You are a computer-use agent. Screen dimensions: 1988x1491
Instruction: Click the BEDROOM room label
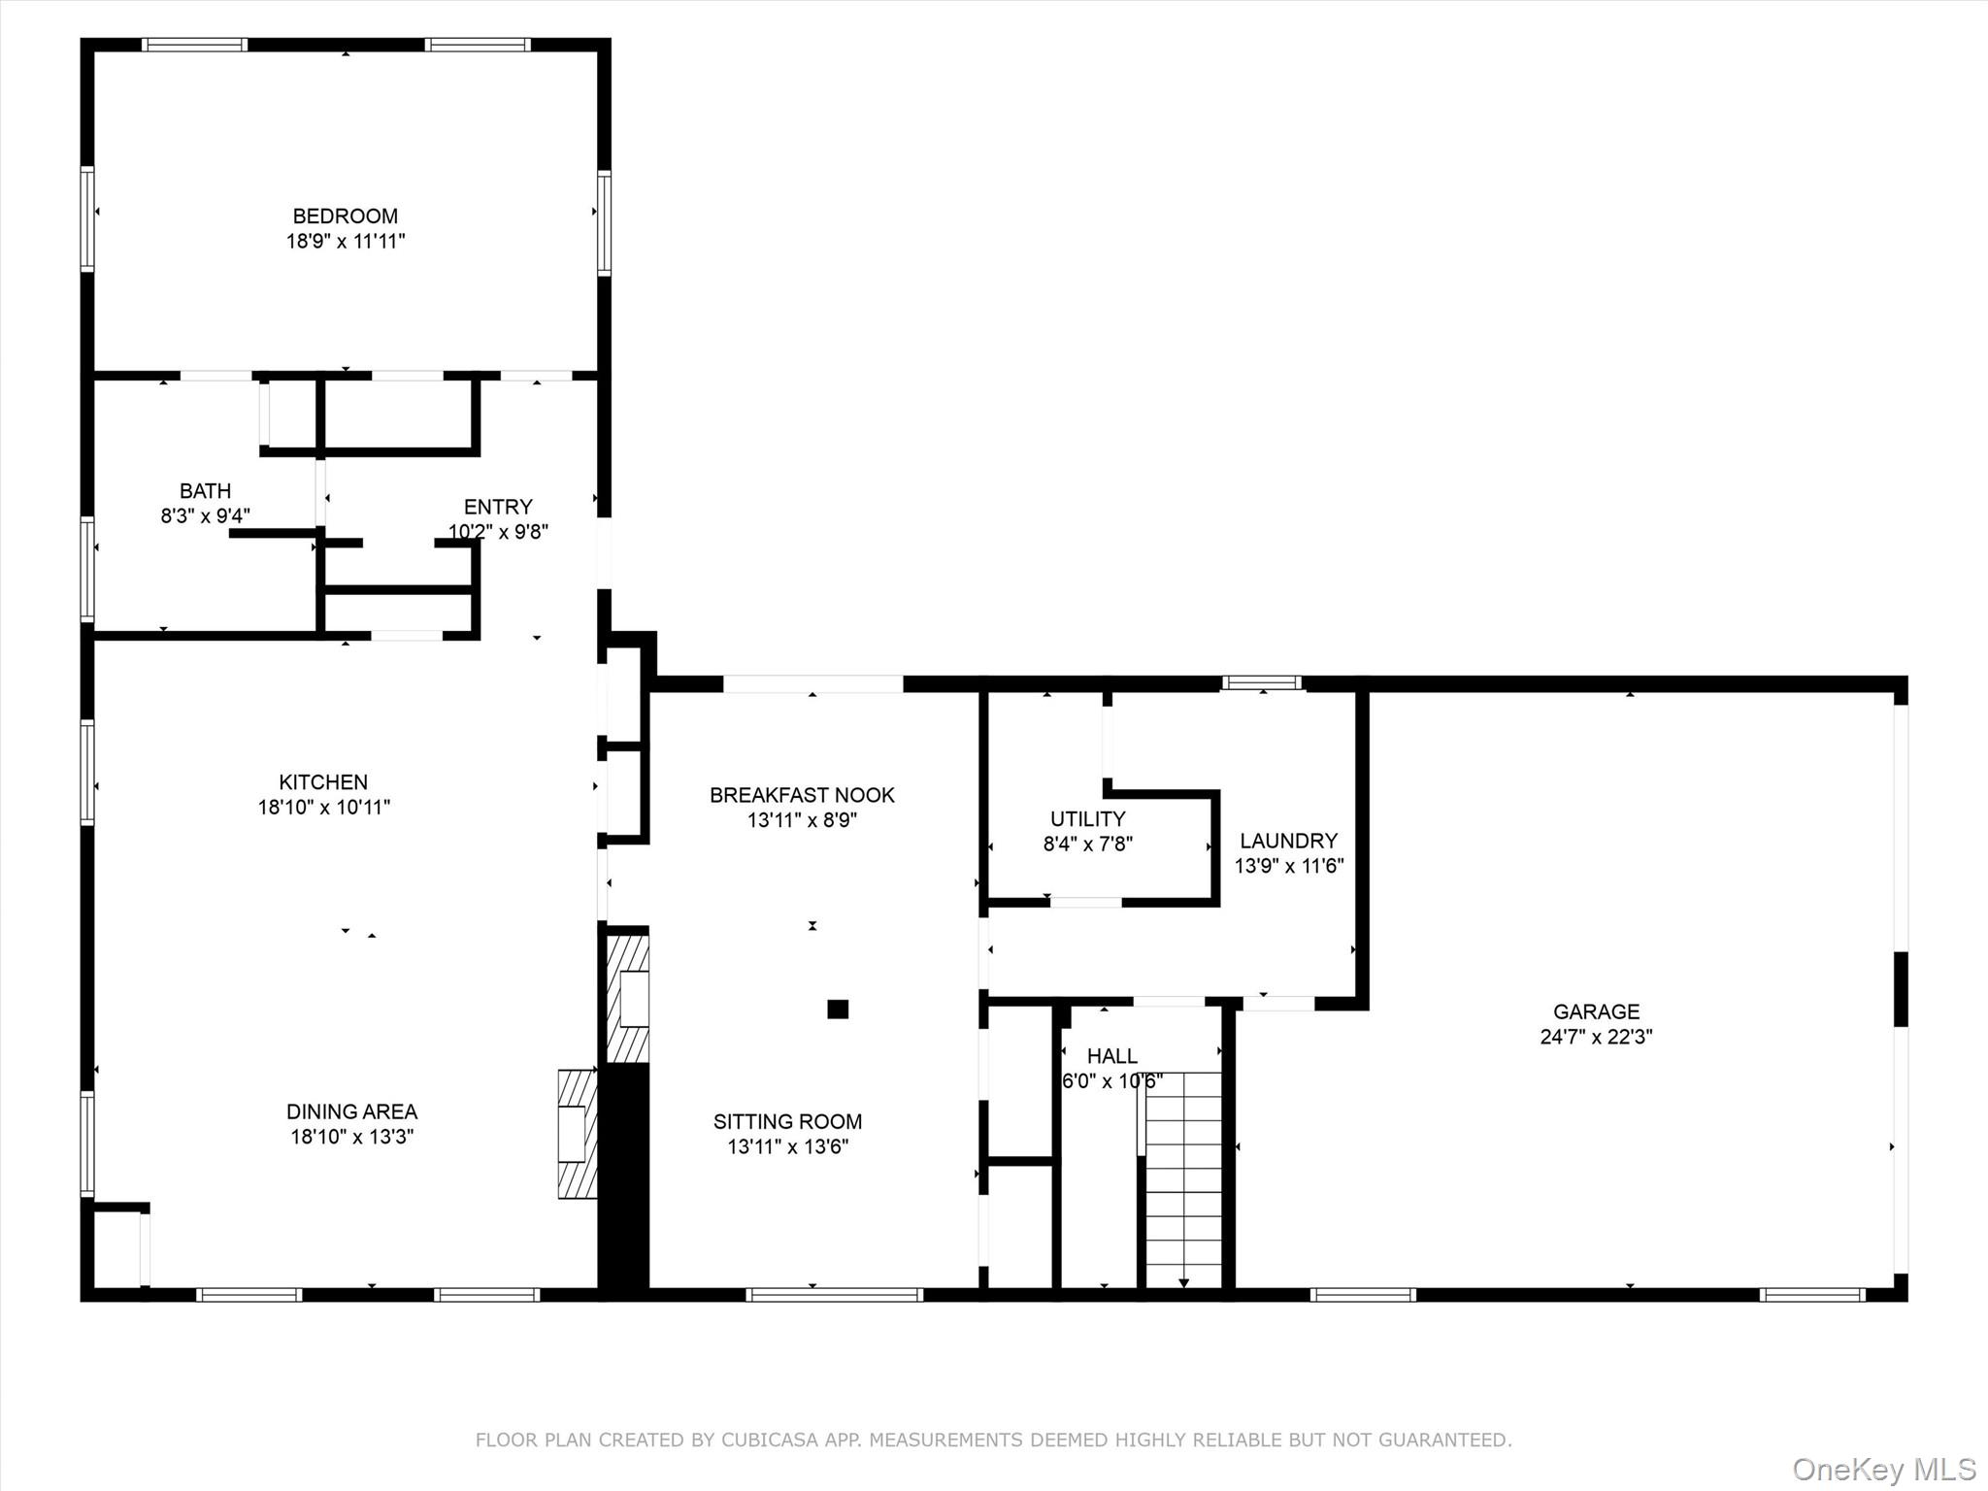click(x=346, y=216)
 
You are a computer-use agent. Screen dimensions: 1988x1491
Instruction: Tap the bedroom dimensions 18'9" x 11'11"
click(x=346, y=242)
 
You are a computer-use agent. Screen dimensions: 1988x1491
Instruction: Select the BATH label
click(x=206, y=491)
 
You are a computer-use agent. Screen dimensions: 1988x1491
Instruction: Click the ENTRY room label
click(x=498, y=507)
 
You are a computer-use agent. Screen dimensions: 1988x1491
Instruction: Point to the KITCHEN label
click(x=323, y=782)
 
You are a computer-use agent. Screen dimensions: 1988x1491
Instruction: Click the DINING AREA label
click(x=351, y=1112)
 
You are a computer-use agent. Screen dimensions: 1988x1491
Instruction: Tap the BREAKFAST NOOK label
click(x=802, y=796)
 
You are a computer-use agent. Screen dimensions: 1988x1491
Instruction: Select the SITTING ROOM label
click(x=787, y=1122)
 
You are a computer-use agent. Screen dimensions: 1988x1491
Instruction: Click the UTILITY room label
click(x=1088, y=819)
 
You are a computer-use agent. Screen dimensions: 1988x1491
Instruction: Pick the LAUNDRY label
click(x=1289, y=842)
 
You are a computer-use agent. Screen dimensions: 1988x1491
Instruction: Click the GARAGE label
click(x=1597, y=1012)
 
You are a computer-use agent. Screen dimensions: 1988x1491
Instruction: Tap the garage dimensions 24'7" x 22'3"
click(x=1597, y=1037)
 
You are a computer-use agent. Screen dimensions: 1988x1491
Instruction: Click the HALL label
click(x=1112, y=1056)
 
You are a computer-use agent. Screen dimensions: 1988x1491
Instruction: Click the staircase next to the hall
click(x=1183, y=1180)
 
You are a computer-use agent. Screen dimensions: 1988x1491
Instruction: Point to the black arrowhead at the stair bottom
click(x=1183, y=1283)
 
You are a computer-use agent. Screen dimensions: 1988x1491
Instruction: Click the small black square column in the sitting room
click(x=838, y=1010)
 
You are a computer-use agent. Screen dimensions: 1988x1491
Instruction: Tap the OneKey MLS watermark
click(x=1884, y=1469)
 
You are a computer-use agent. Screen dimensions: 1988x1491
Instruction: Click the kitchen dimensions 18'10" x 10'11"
click(x=324, y=808)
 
